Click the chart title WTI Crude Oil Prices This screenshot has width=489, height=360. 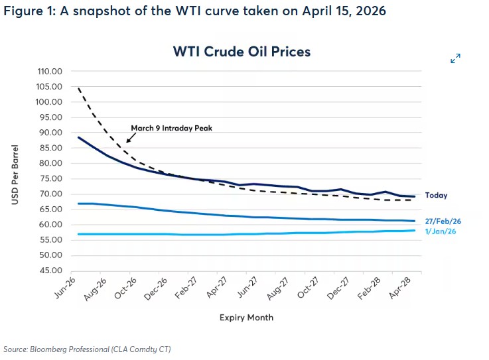242,51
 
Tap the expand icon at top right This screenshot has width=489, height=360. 455,59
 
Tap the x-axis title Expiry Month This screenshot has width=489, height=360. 246,318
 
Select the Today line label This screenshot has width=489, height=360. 437,196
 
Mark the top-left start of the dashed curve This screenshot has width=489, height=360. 80,88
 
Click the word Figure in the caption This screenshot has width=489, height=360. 23,11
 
